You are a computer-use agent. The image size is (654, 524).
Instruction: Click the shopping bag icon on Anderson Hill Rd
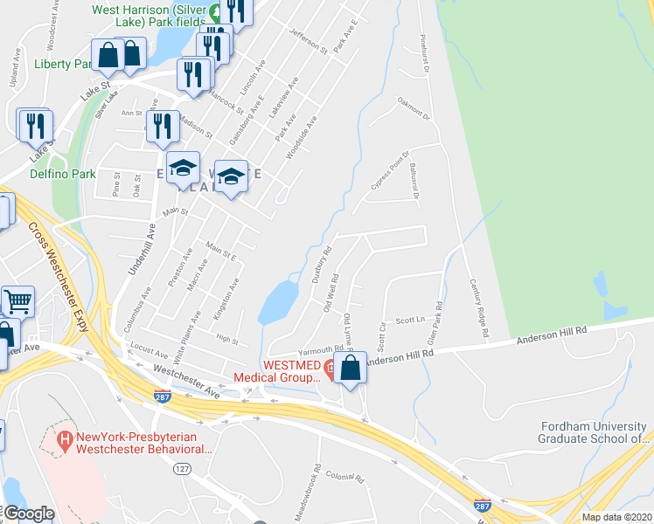click(350, 366)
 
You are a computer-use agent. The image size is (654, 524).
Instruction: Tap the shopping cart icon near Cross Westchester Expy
click(17, 302)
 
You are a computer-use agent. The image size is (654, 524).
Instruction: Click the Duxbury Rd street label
click(320, 265)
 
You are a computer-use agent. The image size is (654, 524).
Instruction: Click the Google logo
click(29, 514)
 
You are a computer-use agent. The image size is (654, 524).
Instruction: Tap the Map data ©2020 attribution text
click(616, 516)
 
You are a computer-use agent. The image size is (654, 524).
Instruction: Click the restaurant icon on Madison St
click(163, 128)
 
